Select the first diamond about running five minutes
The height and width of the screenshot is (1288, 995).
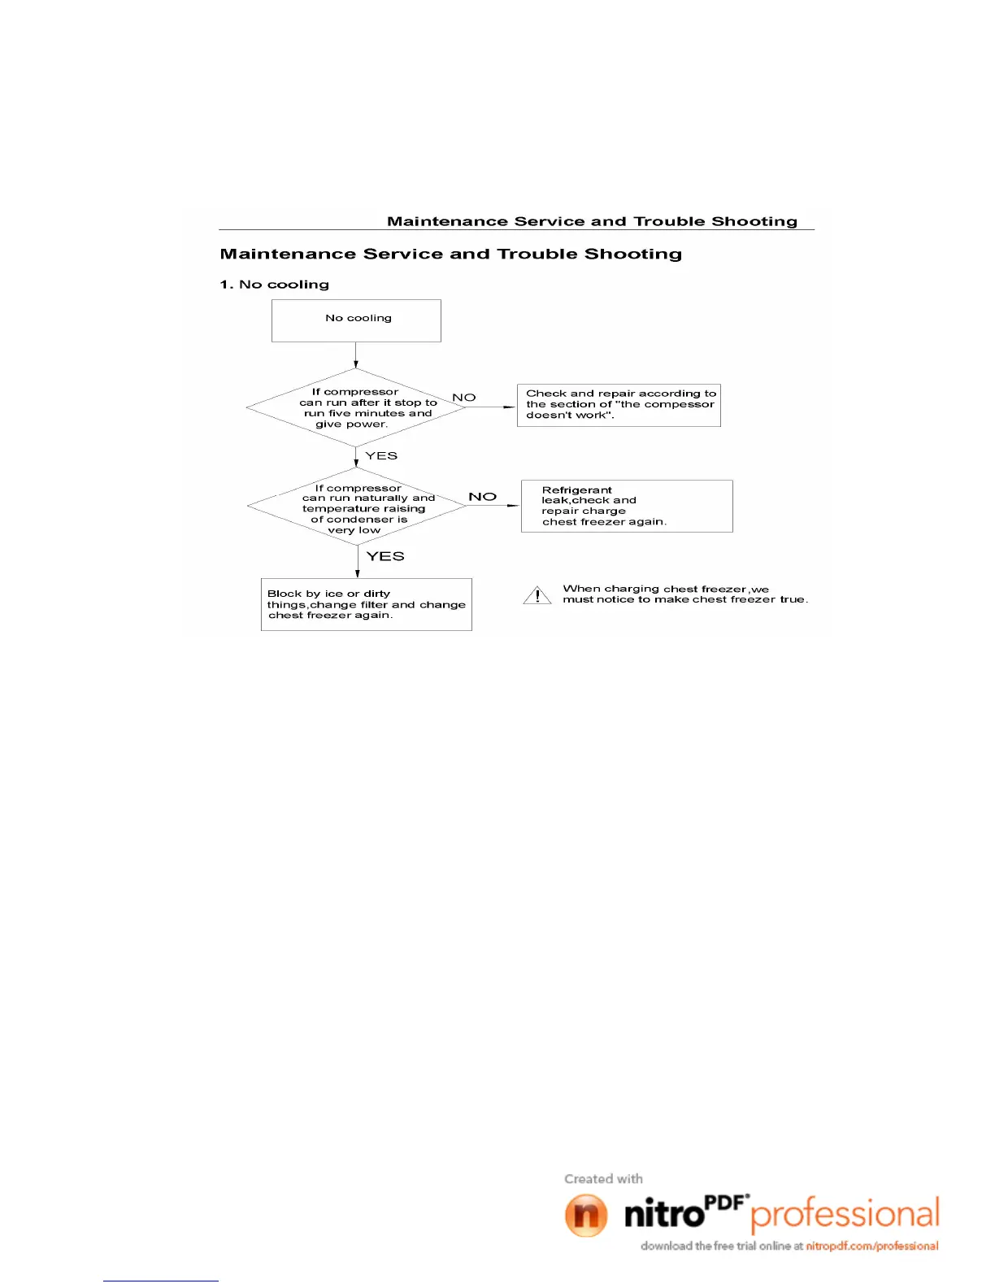(x=356, y=407)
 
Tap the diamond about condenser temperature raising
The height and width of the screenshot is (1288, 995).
(x=357, y=507)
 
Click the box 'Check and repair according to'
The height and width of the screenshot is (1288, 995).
(x=619, y=405)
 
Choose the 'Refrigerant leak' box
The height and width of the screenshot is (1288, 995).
(x=626, y=506)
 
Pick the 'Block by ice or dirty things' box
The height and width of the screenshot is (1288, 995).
(x=366, y=604)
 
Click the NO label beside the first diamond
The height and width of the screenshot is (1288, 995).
(x=464, y=398)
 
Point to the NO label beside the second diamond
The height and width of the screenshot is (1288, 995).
(x=482, y=496)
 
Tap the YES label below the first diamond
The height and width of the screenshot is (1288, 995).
(x=381, y=455)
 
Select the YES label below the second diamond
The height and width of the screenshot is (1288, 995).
(x=385, y=556)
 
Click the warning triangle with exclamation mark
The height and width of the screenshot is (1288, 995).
(x=537, y=596)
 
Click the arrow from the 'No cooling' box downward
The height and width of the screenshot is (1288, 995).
(x=356, y=355)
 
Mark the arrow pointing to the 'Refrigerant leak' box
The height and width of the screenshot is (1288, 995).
(x=493, y=506)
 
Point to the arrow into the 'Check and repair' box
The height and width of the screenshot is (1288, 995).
(x=491, y=407)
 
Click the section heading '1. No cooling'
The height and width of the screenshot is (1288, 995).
(x=275, y=285)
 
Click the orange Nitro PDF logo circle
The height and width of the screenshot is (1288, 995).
(x=586, y=1215)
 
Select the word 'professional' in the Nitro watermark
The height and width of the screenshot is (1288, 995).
(x=845, y=1214)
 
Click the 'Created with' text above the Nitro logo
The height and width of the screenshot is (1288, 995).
(x=603, y=1178)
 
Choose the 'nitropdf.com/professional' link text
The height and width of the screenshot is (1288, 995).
(x=872, y=1246)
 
